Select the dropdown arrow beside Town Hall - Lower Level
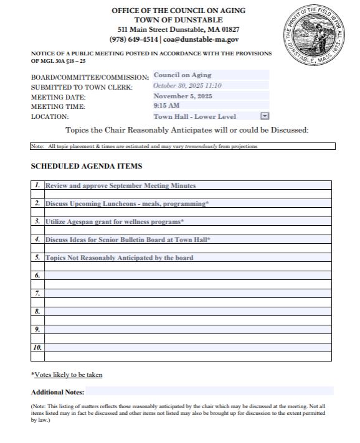(x=264, y=116)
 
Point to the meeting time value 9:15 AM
(x=167, y=106)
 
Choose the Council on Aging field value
(x=182, y=75)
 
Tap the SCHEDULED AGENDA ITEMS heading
(x=87, y=166)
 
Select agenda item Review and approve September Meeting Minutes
(x=120, y=185)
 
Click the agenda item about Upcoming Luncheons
(x=126, y=203)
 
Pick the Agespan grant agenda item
(x=115, y=222)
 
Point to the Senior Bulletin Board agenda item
(x=128, y=240)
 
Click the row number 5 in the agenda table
(x=37, y=258)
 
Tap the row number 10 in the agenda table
(x=37, y=347)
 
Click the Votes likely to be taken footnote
(x=67, y=375)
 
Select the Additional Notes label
(x=58, y=392)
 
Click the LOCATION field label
(x=50, y=116)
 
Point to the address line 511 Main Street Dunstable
(x=179, y=29)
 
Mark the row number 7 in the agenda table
(x=37, y=293)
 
